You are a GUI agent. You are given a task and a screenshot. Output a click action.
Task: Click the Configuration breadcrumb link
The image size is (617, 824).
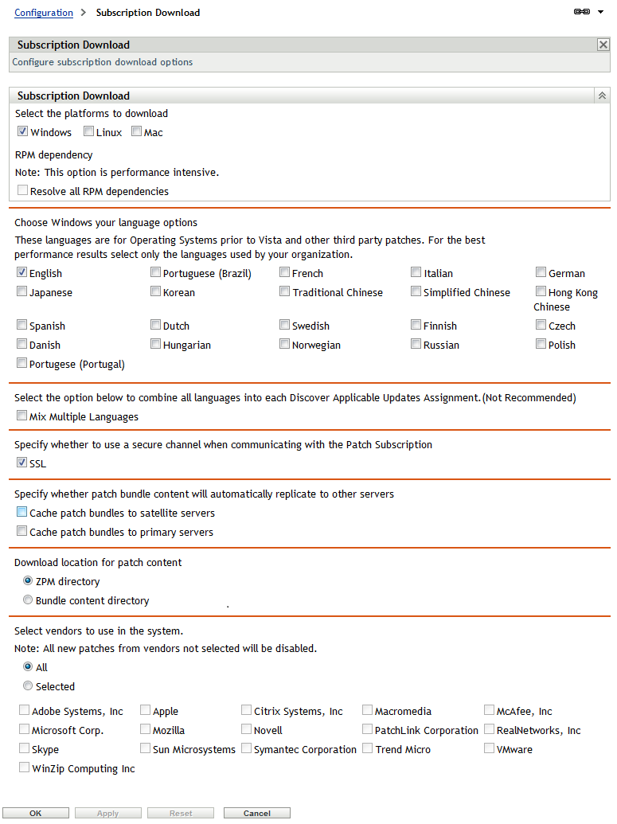(44, 13)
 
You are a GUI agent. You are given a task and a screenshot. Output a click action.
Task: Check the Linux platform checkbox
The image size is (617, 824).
(89, 132)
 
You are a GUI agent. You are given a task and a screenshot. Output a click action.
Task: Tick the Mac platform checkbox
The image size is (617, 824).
(137, 132)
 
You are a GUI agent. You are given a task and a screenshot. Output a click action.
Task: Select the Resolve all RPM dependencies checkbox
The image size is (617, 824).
(23, 191)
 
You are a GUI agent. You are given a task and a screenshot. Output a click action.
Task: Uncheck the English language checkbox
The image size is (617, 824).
(22, 272)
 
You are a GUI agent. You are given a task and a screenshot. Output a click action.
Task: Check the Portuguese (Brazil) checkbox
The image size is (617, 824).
(156, 272)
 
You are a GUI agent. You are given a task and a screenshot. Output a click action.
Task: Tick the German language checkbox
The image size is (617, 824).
(541, 272)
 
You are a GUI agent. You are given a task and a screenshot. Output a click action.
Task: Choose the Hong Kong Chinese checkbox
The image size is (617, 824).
(541, 292)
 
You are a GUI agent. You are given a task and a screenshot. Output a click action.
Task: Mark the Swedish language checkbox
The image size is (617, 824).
(285, 325)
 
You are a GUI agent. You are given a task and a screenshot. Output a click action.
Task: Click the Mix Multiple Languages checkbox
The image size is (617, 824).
(22, 416)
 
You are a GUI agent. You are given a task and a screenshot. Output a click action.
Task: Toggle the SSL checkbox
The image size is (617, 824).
(22, 463)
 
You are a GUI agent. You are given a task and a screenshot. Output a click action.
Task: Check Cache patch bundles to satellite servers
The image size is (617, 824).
(22, 513)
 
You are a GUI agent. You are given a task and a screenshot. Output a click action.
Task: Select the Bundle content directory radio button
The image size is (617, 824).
(28, 600)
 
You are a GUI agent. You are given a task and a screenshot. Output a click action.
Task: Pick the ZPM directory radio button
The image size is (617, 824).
(28, 581)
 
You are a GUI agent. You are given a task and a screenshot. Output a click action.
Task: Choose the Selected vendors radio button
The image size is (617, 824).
(28, 685)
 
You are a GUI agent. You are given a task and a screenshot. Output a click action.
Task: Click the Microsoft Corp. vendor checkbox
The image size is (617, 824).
(25, 729)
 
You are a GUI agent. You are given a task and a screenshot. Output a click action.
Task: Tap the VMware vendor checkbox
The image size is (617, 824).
(490, 748)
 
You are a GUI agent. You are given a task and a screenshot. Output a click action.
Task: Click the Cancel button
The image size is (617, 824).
(256, 813)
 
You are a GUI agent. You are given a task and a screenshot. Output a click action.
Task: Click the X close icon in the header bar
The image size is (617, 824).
(603, 45)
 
